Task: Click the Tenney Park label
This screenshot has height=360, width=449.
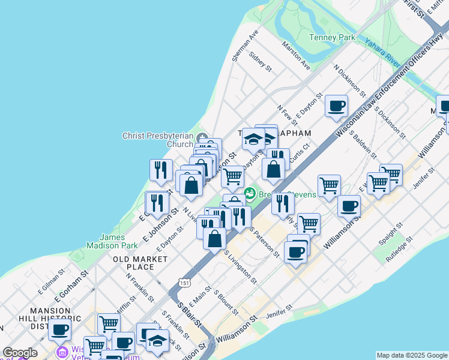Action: click(x=331, y=37)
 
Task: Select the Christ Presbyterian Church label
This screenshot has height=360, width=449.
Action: click(x=158, y=140)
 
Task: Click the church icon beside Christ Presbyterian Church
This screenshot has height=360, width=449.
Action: click(x=202, y=136)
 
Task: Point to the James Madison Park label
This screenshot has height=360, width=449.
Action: click(x=112, y=241)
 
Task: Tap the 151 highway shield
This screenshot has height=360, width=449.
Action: click(x=184, y=281)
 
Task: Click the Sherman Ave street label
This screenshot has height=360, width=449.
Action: click(x=245, y=45)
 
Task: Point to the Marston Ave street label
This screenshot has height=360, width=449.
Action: click(x=296, y=54)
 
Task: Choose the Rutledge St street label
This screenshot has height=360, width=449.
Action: click(x=400, y=247)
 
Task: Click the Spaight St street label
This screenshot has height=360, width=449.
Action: click(x=388, y=234)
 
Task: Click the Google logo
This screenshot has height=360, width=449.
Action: click(x=20, y=353)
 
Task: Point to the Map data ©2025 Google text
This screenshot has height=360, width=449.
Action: click(x=412, y=355)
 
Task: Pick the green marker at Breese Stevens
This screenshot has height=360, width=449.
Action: click(x=249, y=194)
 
